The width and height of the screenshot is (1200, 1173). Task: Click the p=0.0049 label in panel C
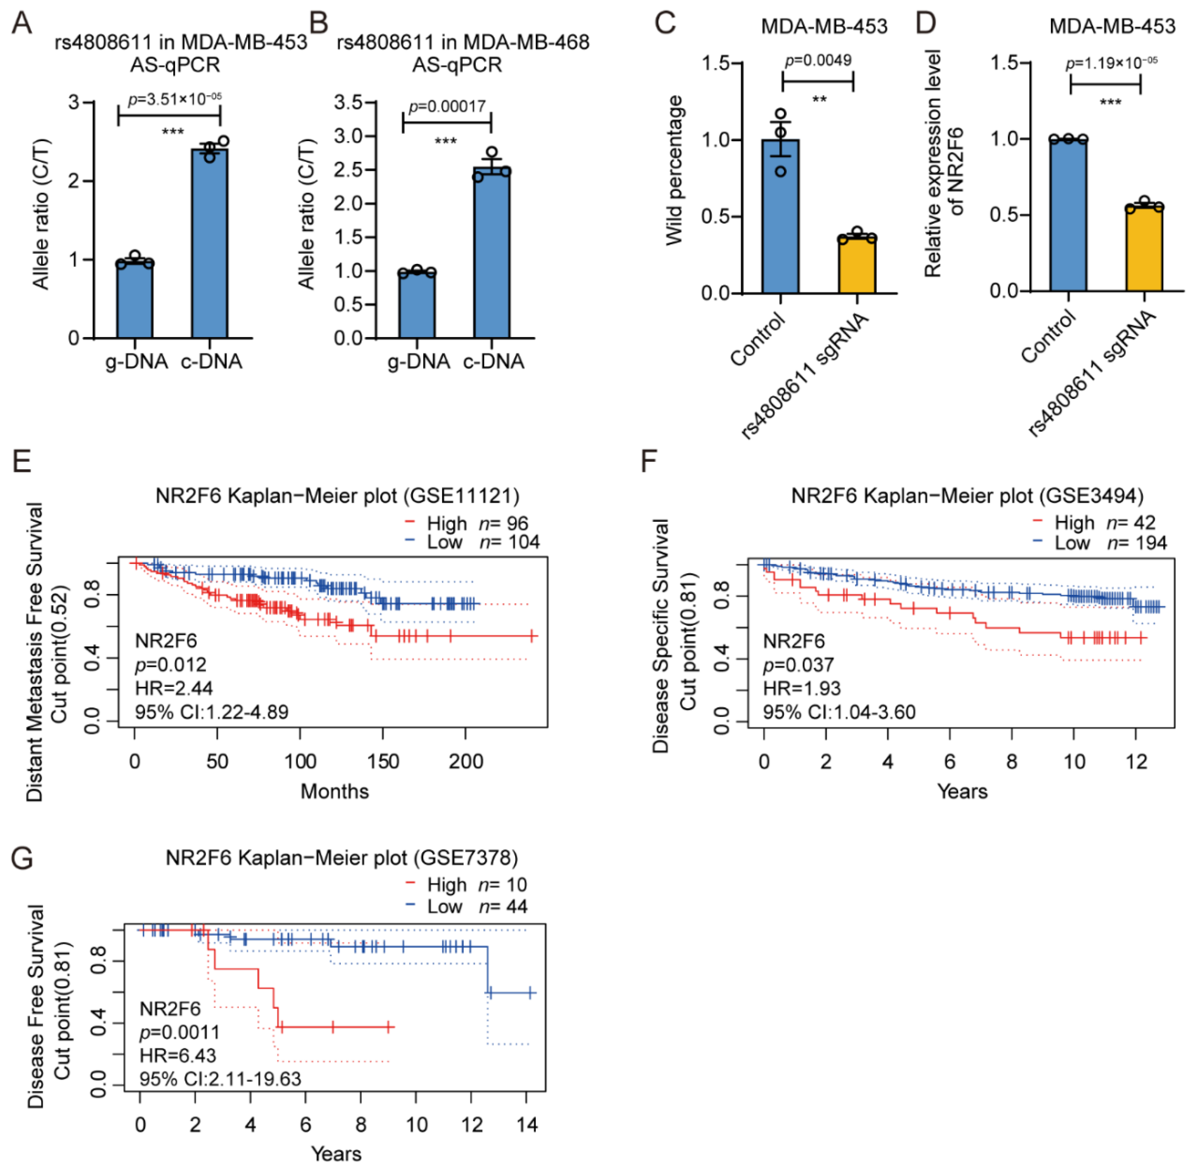[818, 60]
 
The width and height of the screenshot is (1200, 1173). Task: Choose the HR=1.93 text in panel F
[801, 688]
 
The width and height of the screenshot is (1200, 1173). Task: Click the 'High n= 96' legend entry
[466, 524]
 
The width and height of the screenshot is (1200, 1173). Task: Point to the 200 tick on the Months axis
[466, 761]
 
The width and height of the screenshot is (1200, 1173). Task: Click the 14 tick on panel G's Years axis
[527, 1125]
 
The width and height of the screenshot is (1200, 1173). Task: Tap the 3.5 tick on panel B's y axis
[348, 102]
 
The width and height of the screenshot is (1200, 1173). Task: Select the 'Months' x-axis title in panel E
[334, 791]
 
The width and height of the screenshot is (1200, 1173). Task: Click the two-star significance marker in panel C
[819, 99]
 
